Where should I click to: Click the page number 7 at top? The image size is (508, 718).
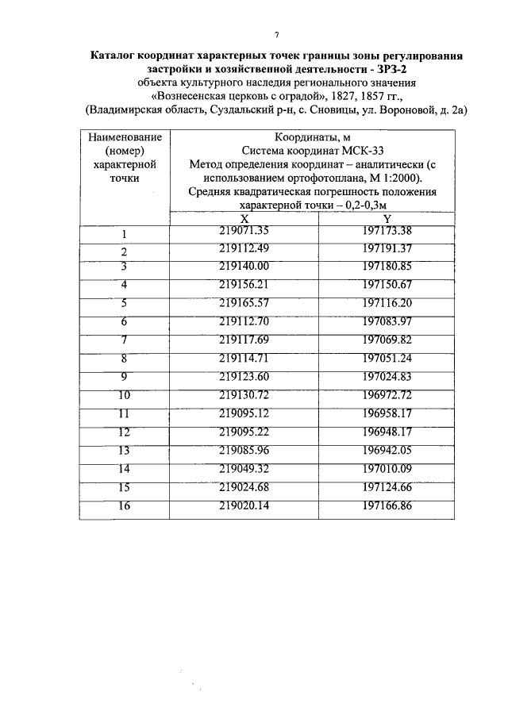point(275,33)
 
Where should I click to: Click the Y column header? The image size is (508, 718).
point(387,219)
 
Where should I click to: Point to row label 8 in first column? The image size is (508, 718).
point(125,358)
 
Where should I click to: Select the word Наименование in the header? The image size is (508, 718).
point(125,137)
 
